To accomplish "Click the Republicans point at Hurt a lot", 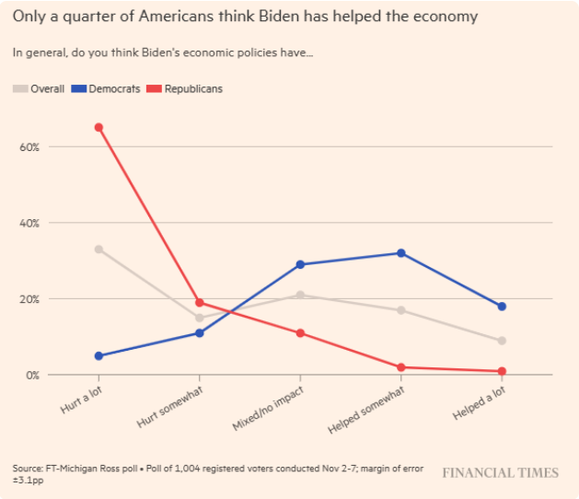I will coord(98,127).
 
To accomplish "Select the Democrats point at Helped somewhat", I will coord(400,252).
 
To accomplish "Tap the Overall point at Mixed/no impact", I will coord(300,295).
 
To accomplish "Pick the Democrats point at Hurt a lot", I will coord(98,355).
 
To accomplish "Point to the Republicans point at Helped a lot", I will coord(502,371).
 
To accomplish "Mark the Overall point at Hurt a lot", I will coord(98,249).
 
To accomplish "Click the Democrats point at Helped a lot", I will coord(502,307).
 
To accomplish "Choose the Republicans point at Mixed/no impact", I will coord(300,332).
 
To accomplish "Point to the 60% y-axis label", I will coord(29,147).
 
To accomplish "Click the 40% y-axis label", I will coord(29,223).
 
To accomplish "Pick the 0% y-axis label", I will coord(32,376).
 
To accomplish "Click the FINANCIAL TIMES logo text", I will coord(500,473).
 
